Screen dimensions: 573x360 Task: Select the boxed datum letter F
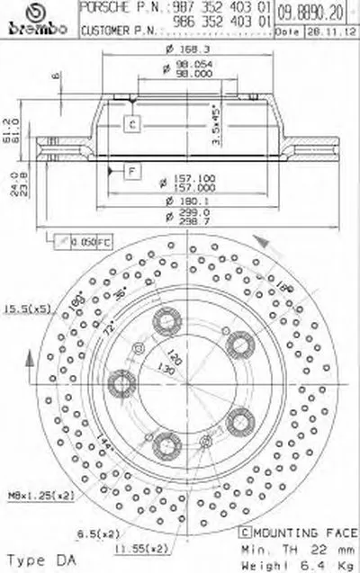pos(132,169)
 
